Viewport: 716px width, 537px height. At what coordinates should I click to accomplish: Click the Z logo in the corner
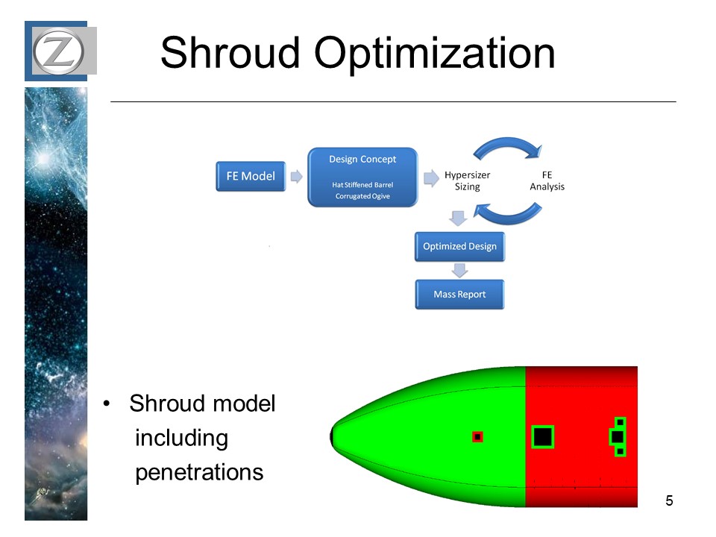(60, 51)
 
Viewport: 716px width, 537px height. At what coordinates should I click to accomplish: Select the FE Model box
(251, 177)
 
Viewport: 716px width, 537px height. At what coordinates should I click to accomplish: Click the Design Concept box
(362, 177)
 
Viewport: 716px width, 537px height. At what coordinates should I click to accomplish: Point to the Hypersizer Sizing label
(467, 181)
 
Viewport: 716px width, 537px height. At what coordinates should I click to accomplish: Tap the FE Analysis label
(547, 181)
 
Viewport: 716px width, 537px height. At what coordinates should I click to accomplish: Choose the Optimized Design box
(459, 247)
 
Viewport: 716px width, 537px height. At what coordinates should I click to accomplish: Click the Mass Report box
(459, 295)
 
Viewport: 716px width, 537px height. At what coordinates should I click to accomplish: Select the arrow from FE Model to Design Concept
(296, 177)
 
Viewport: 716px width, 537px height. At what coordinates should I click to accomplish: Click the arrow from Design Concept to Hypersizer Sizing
(430, 178)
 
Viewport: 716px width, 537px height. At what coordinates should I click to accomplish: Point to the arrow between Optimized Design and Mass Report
(459, 270)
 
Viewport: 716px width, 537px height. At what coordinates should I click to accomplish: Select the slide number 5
(669, 500)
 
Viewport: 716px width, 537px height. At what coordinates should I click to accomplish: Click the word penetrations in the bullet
(199, 472)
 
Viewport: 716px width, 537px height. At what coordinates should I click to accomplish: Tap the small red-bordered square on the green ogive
(478, 437)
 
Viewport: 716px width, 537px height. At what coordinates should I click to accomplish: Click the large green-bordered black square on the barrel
(543, 436)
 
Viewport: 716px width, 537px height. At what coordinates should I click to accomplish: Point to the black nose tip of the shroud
(333, 436)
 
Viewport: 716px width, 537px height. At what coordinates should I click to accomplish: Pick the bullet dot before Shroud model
(110, 404)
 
